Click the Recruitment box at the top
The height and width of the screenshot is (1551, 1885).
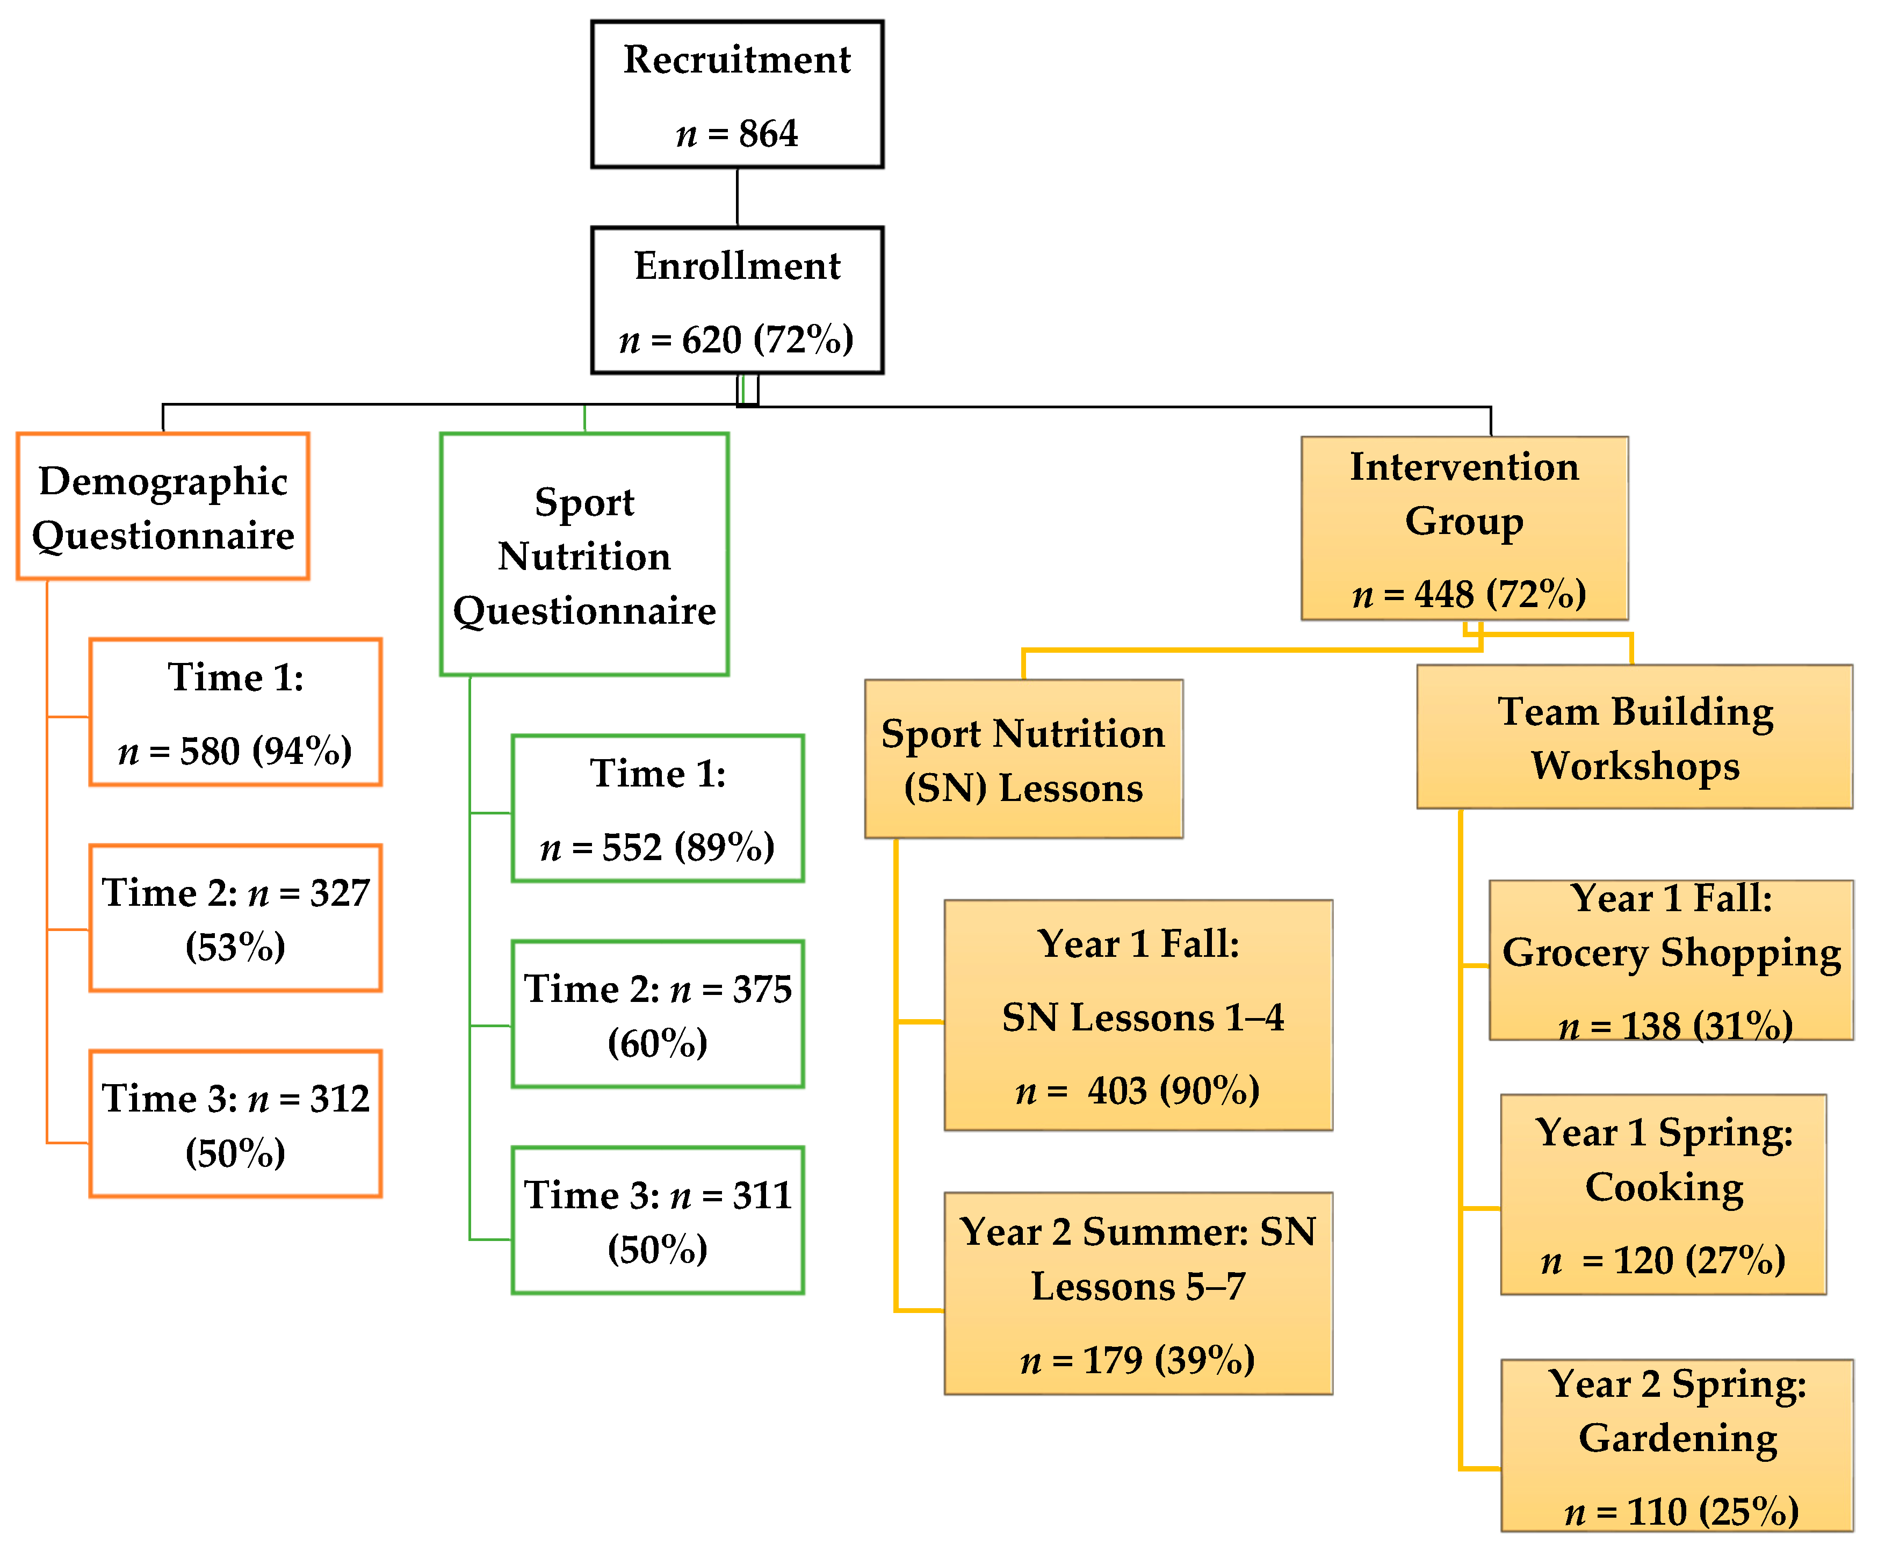click(737, 94)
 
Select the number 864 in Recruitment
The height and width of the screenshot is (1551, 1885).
click(768, 134)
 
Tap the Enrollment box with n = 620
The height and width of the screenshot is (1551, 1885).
click(737, 300)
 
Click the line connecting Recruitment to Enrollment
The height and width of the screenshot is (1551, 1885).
click(737, 197)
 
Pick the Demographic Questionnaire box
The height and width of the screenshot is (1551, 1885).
click(163, 507)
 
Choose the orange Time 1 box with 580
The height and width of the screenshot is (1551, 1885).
click(236, 712)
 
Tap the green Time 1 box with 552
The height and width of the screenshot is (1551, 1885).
click(658, 809)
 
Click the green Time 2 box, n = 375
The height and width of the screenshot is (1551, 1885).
click(658, 1014)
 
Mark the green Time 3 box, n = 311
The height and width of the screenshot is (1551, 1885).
click(658, 1221)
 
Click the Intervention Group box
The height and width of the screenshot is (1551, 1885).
click(1464, 528)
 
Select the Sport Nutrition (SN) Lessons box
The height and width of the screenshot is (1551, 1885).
click(1024, 760)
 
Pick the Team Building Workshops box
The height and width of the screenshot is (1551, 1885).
click(1635, 737)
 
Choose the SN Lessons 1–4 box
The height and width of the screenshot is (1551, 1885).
click(1138, 1016)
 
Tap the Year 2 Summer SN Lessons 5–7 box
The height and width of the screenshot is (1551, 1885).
click(1138, 1294)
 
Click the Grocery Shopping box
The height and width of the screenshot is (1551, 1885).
click(1671, 961)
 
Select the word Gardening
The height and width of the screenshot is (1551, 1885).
click(1678, 1438)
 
